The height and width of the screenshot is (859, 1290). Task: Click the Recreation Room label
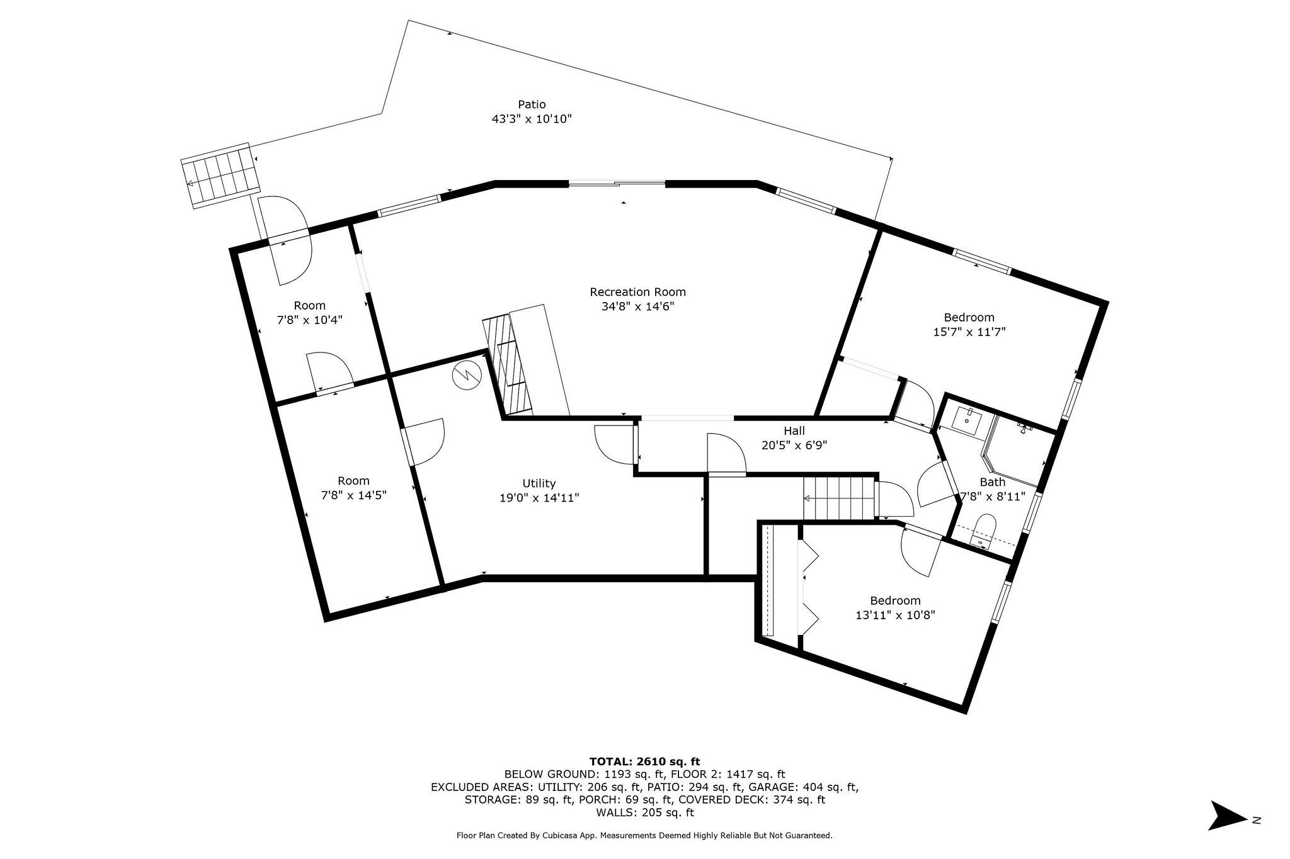(637, 292)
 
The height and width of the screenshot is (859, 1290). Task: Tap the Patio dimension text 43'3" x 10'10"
(532, 119)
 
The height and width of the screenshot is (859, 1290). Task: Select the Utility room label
(539, 483)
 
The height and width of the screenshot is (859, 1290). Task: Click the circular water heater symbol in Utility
(467, 375)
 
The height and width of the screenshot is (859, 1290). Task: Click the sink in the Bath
(966, 420)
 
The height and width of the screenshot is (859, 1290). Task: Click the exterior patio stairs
(220, 174)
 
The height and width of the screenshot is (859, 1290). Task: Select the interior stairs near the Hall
(839, 498)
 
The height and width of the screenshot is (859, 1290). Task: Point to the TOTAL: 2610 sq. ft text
(644, 761)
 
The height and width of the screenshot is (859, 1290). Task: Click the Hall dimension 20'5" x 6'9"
(794, 446)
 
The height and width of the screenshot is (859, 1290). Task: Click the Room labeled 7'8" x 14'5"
(353, 488)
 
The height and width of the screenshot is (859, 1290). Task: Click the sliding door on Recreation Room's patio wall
(617, 184)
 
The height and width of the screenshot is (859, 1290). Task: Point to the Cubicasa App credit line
(644, 836)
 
